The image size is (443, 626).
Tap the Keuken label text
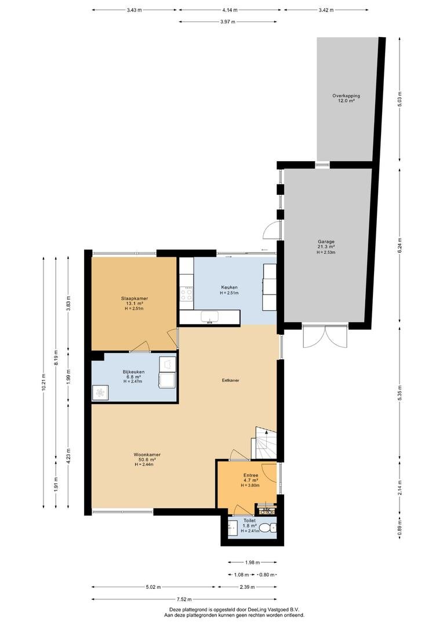(229, 287)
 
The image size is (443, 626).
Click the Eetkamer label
(230, 381)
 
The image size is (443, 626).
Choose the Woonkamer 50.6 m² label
(147, 459)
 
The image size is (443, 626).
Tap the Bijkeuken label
(133, 372)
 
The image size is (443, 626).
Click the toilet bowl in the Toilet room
(267, 528)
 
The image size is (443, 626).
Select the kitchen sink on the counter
(210, 316)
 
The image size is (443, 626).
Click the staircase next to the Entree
(264, 444)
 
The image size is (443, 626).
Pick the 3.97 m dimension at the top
(230, 21)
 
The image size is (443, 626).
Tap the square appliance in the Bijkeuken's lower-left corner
(100, 393)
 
